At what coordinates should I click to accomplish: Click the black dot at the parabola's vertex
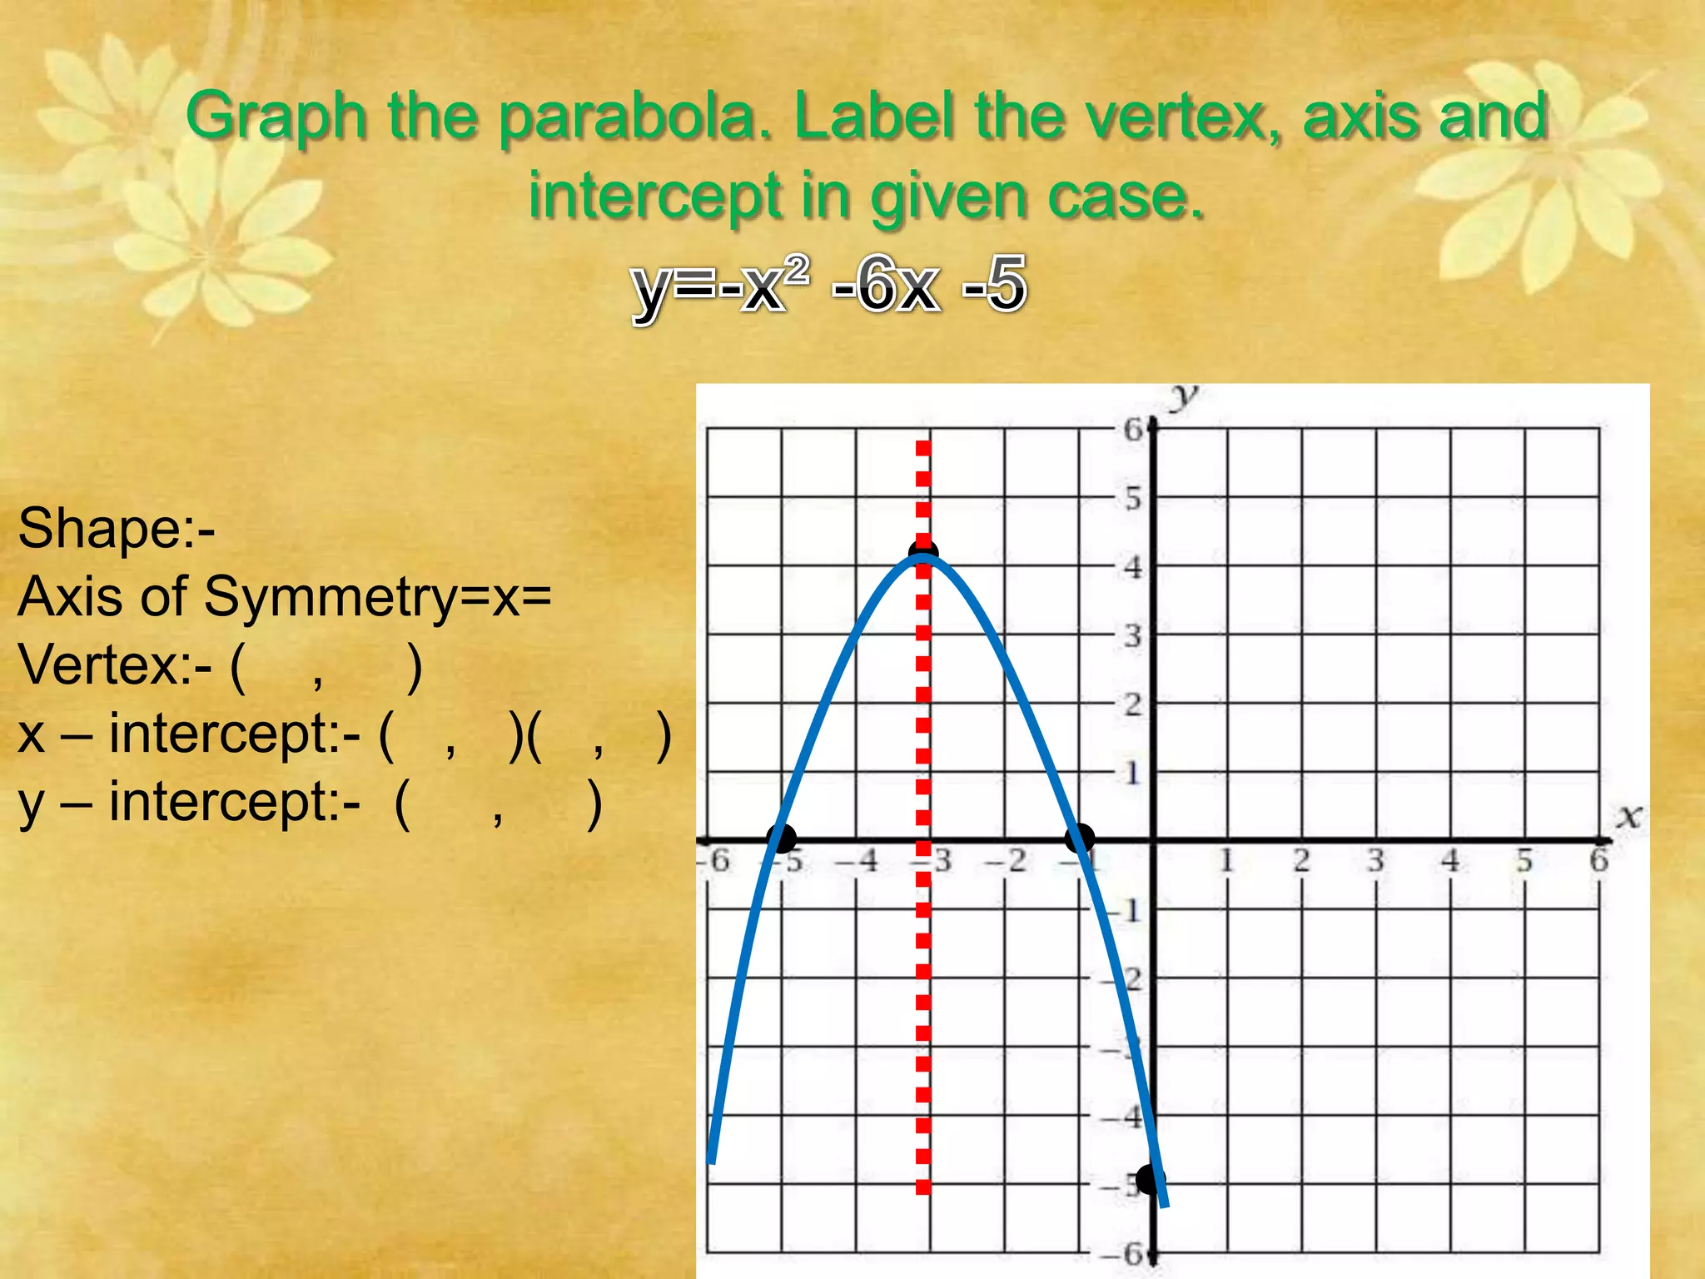(x=923, y=553)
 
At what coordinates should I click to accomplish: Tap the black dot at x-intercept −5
(x=781, y=839)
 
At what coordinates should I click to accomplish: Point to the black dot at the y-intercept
(x=1151, y=1179)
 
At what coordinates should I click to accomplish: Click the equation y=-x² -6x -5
(x=829, y=285)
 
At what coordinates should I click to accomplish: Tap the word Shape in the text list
(x=101, y=529)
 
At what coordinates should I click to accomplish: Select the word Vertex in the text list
(x=100, y=665)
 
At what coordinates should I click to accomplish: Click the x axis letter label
(x=1629, y=816)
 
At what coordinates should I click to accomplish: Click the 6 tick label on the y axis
(x=1133, y=430)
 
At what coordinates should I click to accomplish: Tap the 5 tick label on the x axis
(x=1524, y=860)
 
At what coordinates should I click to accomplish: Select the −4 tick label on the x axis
(x=857, y=860)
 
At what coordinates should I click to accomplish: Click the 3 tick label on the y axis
(x=1133, y=637)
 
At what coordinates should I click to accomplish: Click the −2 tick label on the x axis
(x=1007, y=860)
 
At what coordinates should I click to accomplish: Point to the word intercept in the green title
(x=655, y=197)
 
